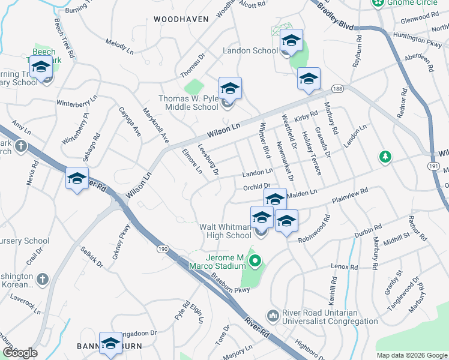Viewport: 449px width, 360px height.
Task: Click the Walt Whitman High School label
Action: coord(225,231)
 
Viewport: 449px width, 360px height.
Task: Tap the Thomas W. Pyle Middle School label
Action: coord(188,103)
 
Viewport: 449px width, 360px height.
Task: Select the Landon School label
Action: coord(250,51)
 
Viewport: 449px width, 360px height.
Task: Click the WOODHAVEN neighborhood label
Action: coord(181,19)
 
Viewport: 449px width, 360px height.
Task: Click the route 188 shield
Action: coord(337,89)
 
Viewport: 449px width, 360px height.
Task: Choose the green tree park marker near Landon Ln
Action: coord(385,157)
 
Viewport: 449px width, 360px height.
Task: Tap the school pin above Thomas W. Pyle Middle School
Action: coord(230,89)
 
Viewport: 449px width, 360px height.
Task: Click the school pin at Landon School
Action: coord(291,41)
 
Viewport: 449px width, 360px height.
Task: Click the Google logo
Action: coord(20,353)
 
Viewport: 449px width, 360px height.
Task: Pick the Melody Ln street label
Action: coord(119,44)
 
